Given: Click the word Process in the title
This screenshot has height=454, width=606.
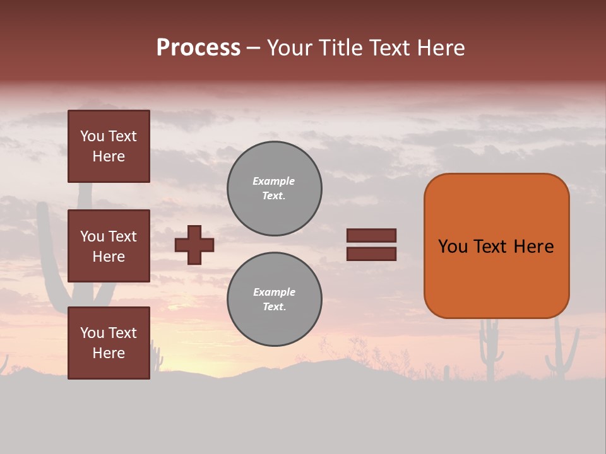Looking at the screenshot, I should [x=198, y=48].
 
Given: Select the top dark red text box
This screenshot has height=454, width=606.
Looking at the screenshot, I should [x=109, y=146].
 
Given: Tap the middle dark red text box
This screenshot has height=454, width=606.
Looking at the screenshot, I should [x=109, y=246].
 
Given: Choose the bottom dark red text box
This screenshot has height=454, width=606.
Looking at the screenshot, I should [x=109, y=342].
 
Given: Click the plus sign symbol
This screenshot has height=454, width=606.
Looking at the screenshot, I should [x=194, y=245].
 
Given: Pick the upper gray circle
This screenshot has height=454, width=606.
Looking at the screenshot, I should [x=274, y=189].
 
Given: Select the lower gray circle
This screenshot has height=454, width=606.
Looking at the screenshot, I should [x=274, y=299].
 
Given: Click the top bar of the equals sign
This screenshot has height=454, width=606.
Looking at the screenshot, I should [x=371, y=235].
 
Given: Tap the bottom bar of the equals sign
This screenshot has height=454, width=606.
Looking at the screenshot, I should [x=371, y=254].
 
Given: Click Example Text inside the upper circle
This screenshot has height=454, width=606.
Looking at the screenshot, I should [x=274, y=189].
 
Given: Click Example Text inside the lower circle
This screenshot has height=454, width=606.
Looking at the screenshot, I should [x=274, y=299].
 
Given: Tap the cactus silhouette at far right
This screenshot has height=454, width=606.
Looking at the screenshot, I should [x=560, y=353].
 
